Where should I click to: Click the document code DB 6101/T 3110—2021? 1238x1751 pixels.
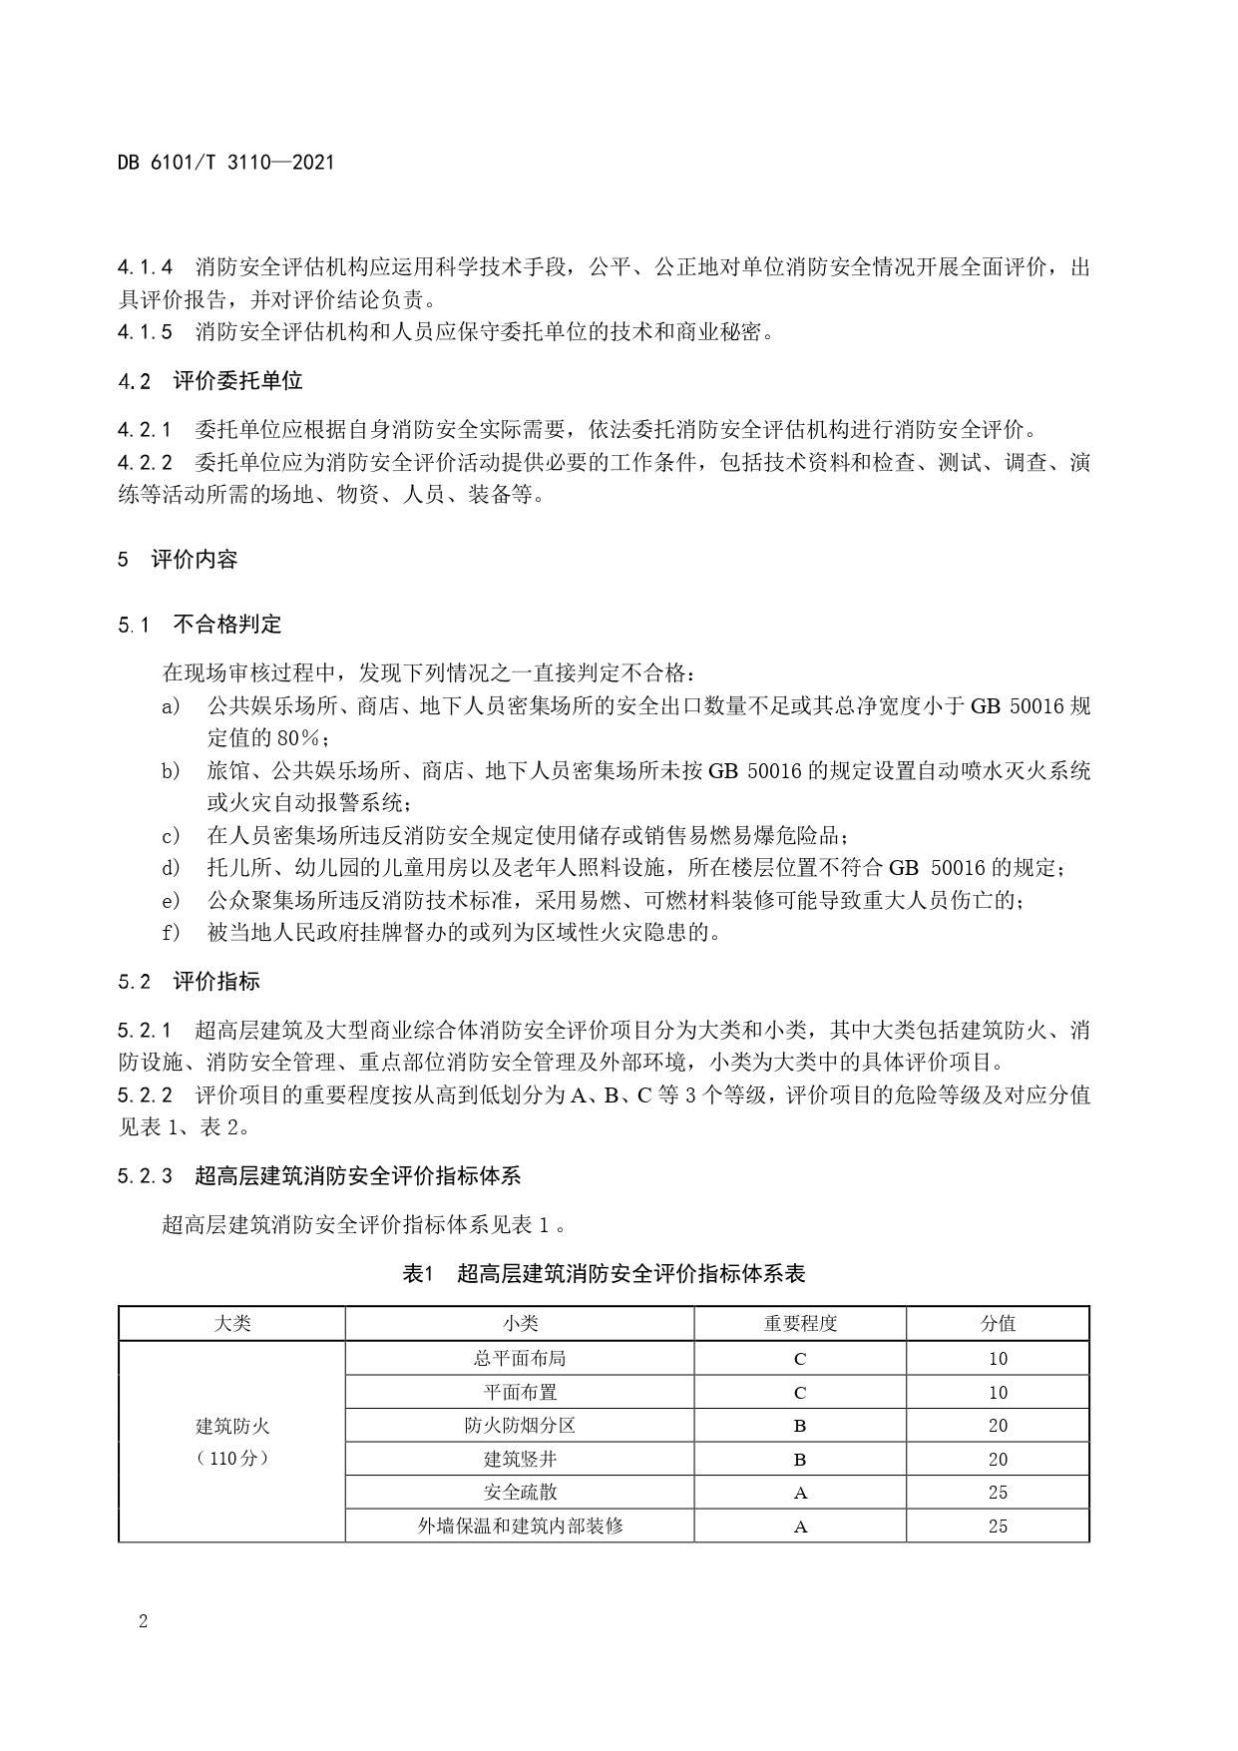[225, 162]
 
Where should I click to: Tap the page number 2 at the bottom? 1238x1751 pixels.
[143, 1621]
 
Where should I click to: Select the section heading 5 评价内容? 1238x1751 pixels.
[178, 559]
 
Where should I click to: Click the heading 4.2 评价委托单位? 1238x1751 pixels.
[209, 380]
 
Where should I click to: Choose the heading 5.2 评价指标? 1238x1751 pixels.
[189, 981]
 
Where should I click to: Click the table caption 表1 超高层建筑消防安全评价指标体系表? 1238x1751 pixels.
[604, 1273]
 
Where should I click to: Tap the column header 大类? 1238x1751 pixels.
[232, 1323]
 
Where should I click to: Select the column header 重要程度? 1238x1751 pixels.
[800, 1323]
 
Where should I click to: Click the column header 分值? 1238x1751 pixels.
[998, 1323]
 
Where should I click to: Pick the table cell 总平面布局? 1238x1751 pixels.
[520, 1358]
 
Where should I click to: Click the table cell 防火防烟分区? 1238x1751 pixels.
[520, 1425]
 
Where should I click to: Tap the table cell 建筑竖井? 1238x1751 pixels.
[520, 1459]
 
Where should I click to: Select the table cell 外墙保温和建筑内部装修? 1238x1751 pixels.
[520, 1526]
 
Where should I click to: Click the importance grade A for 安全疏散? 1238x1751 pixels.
[800, 1493]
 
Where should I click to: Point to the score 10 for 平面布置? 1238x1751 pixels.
[998, 1392]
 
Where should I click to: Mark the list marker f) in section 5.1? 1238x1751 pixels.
[172, 933]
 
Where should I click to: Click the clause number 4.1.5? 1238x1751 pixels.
[145, 331]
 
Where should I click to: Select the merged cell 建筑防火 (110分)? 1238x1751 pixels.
[232, 1442]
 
